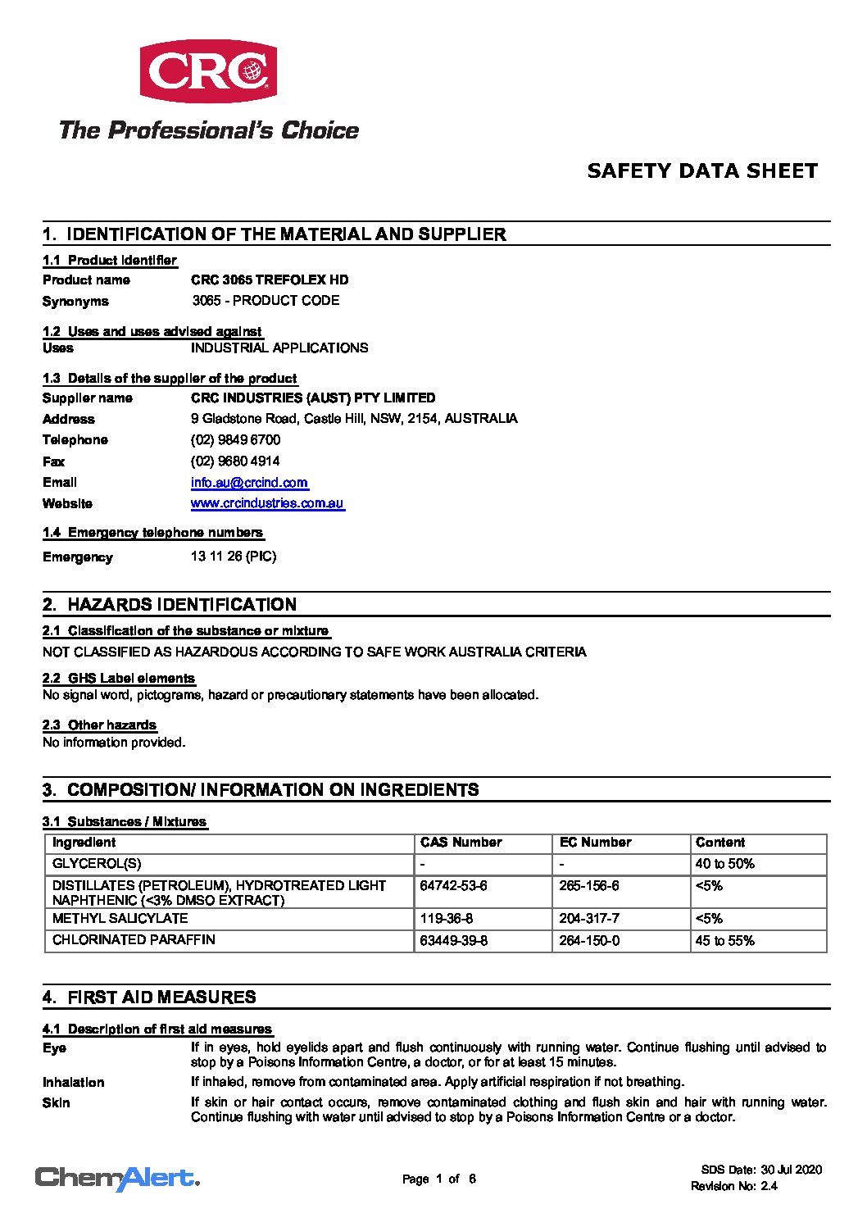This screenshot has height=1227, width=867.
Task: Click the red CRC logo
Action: [208, 71]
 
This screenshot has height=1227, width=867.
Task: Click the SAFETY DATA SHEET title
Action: [702, 171]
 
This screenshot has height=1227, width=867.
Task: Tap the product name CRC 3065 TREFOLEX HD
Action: [270, 279]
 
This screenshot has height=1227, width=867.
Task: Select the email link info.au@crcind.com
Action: [249, 483]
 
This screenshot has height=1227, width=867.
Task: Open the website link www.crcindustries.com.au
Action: [267, 503]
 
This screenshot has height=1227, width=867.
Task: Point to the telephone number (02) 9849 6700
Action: [235, 440]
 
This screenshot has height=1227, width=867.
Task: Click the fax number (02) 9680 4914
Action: [235, 461]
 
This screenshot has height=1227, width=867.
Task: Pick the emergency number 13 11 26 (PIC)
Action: [234, 557]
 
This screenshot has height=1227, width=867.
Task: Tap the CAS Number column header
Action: [461, 843]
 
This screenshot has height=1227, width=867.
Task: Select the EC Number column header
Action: [595, 843]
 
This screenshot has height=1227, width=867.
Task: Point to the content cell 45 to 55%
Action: [724, 941]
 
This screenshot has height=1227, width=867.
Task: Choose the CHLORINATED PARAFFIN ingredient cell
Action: [134, 940]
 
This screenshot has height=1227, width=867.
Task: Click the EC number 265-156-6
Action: [589, 886]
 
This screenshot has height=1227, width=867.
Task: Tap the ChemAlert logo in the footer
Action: [117, 1179]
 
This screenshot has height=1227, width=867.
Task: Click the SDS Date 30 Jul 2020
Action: [761, 1170]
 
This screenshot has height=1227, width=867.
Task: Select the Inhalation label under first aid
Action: [74, 1083]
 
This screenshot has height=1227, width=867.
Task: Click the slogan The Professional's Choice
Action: [209, 130]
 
